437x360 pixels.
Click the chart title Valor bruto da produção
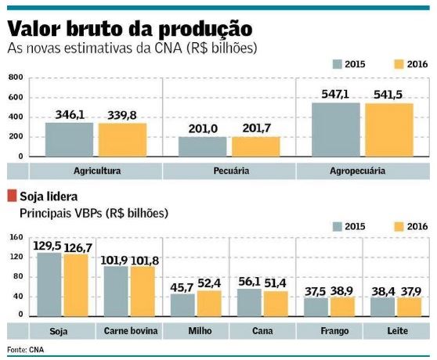[129, 28]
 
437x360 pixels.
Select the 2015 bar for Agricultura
[68, 139]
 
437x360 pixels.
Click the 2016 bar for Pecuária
[255, 147]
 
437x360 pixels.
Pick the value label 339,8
[122, 115]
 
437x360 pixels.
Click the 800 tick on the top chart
[16, 78]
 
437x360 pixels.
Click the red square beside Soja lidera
[12, 196]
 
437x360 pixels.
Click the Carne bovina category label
[131, 331]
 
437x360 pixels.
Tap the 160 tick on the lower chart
[16, 237]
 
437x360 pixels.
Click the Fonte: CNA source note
[23, 349]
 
